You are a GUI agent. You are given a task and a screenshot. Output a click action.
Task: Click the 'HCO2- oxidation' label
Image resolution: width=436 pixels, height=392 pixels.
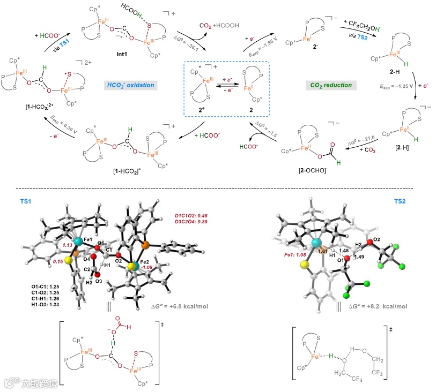point(131,85)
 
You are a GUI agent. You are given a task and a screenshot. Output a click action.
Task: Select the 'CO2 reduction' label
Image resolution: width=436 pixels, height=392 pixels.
point(330,85)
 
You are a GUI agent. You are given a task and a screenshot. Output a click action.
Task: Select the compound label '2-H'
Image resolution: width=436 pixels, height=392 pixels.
point(398,71)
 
